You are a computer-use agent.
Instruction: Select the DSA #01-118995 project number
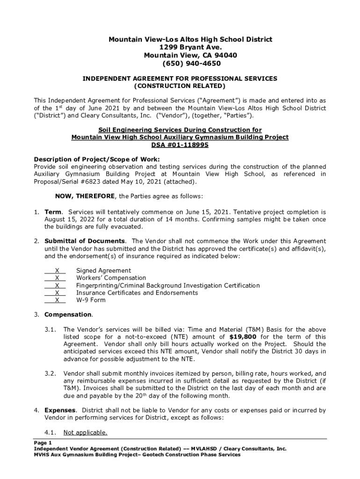pyautogui.click(x=180, y=145)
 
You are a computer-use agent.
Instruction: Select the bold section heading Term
pyautogui.click(x=53, y=212)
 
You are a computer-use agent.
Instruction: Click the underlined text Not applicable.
pyautogui.click(x=85, y=433)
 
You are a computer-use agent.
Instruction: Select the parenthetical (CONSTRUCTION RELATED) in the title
pyautogui.click(x=180, y=87)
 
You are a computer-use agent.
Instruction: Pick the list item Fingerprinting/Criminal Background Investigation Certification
pyautogui.click(x=168, y=285)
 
